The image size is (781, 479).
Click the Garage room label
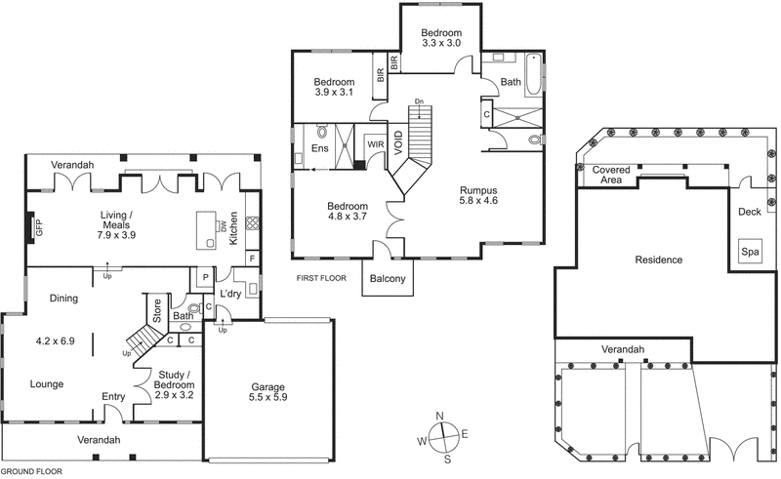267,391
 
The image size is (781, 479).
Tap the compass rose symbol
442,434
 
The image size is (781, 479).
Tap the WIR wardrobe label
375,144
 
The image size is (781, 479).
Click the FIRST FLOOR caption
321,278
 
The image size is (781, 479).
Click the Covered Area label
612,175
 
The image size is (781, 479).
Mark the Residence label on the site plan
658,260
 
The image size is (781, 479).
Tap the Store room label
154,311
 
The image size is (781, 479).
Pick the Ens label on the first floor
319,148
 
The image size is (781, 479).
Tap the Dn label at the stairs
418,101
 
